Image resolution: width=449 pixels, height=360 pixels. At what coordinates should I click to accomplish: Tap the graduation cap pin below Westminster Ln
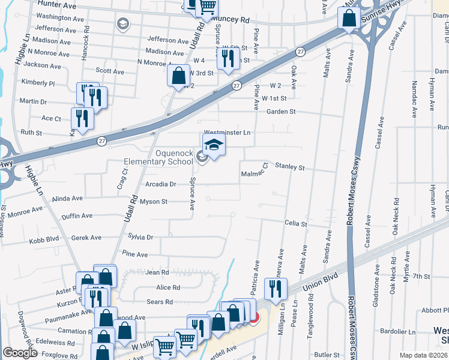pyautogui.click(x=214, y=146)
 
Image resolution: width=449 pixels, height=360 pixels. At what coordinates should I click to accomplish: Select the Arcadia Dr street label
pyautogui.click(x=161, y=185)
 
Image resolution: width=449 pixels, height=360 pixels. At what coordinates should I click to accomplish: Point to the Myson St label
pyautogui.click(x=153, y=202)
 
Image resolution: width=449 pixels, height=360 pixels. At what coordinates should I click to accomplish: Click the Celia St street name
pyautogui.click(x=296, y=224)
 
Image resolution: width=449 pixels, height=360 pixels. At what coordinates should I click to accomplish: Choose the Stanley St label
pyautogui.click(x=290, y=168)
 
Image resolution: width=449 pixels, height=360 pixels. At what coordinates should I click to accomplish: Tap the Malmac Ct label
pyautogui.click(x=254, y=174)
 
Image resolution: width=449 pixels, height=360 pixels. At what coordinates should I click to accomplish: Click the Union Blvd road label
pyautogui.click(x=317, y=283)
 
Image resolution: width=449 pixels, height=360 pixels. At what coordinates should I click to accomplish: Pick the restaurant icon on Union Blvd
pyautogui.click(x=276, y=289)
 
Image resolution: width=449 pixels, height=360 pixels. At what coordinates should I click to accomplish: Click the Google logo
pyautogui.click(x=19, y=353)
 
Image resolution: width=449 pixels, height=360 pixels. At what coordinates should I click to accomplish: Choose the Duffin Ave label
pyautogui.click(x=77, y=215)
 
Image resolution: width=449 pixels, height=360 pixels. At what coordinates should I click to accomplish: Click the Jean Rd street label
pyautogui.click(x=157, y=272)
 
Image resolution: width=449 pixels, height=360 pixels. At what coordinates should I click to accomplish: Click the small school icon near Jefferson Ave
pyautogui.click(x=123, y=25)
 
